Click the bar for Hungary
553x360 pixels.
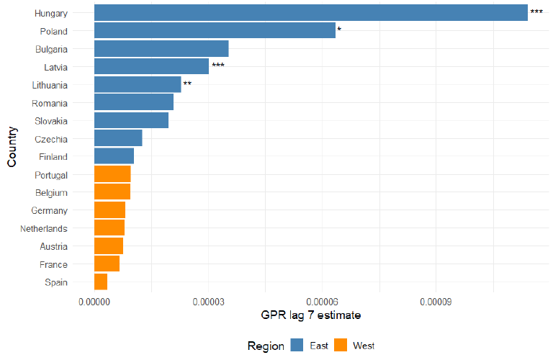(x=310, y=13)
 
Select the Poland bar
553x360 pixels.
(x=215, y=31)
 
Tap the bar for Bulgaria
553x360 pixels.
(x=161, y=49)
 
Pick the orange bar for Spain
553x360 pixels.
(x=101, y=282)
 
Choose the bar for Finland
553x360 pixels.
(x=114, y=156)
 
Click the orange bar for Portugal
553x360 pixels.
(x=112, y=174)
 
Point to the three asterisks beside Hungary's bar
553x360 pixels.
(x=536, y=12)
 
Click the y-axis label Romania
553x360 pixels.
(x=50, y=103)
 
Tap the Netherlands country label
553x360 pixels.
(x=45, y=228)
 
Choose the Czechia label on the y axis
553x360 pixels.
(x=51, y=139)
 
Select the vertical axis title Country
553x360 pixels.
(x=12, y=148)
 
